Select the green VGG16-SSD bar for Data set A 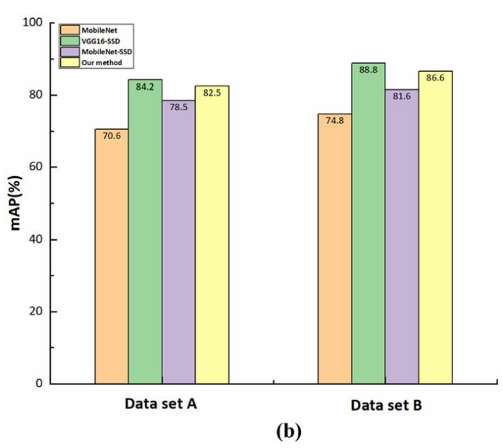145,232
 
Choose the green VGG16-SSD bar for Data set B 368,225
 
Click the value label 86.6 435,78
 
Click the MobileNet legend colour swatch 70,30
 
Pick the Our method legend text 102,63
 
